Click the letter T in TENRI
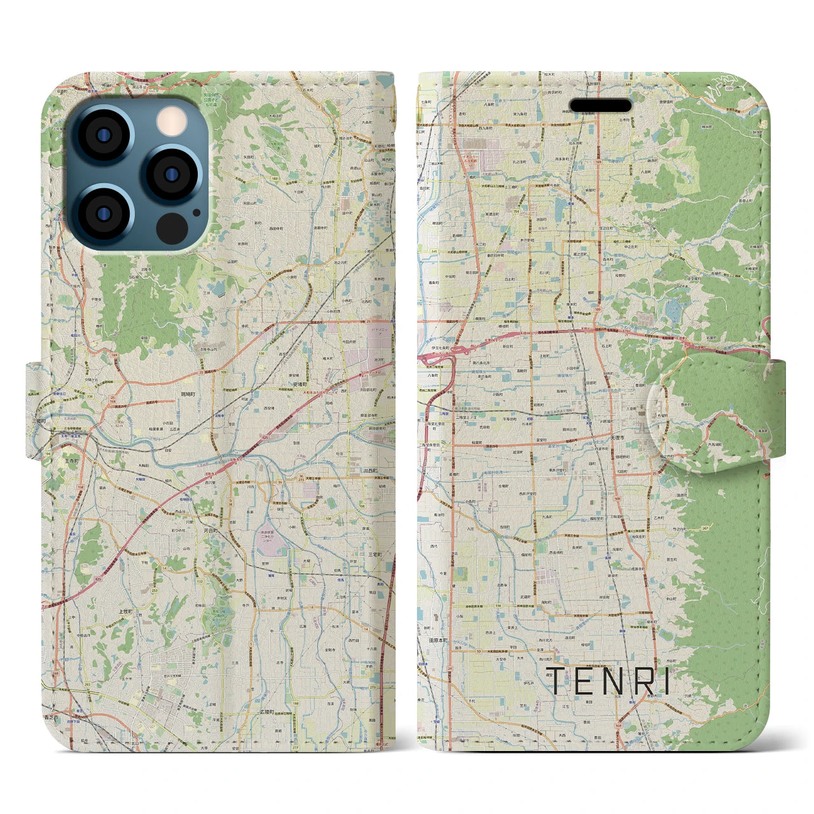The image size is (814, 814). pyautogui.click(x=557, y=680)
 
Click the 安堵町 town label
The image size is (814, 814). pyautogui.click(x=300, y=384)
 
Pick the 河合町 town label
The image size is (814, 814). pyautogui.click(x=211, y=530)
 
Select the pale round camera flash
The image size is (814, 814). pyautogui.click(x=170, y=120)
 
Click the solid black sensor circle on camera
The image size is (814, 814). pyautogui.click(x=170, y=228)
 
